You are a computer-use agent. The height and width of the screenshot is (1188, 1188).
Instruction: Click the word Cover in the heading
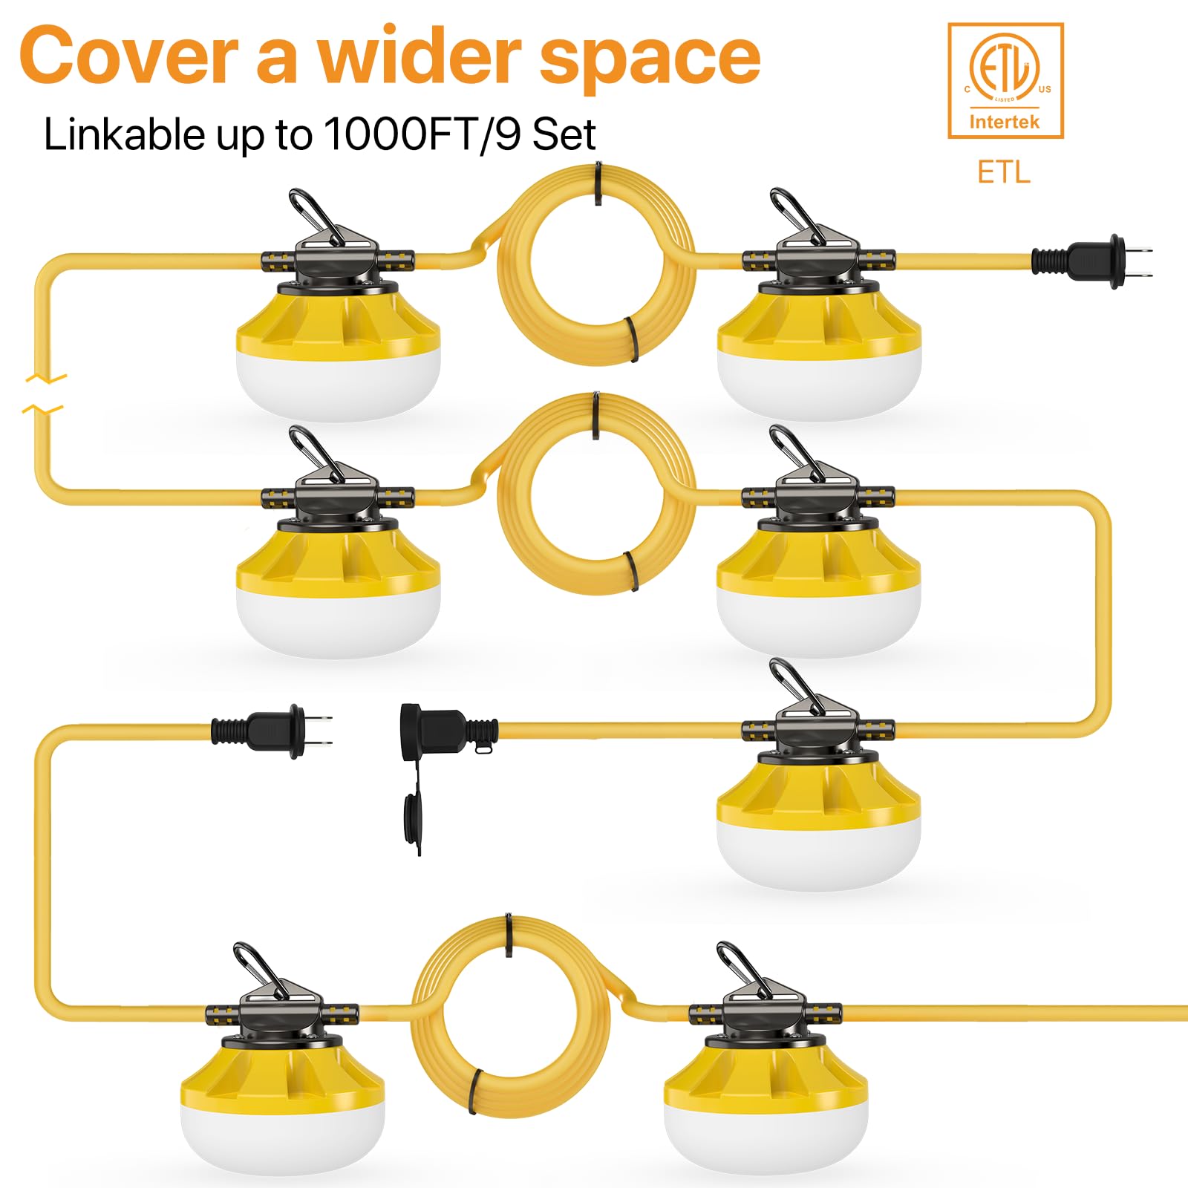[x=128, y=58]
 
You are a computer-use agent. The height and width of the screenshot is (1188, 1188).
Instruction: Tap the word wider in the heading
[x=420, y=56]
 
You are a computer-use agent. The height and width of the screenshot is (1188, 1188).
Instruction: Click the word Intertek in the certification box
[x=1004, y=122]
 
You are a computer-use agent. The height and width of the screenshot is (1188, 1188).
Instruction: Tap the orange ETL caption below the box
[x=1003, y=172]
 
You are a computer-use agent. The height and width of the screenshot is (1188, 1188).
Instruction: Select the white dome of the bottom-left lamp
[x=282, y=1136]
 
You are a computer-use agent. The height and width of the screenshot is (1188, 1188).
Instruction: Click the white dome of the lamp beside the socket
[x=818, y=854]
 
